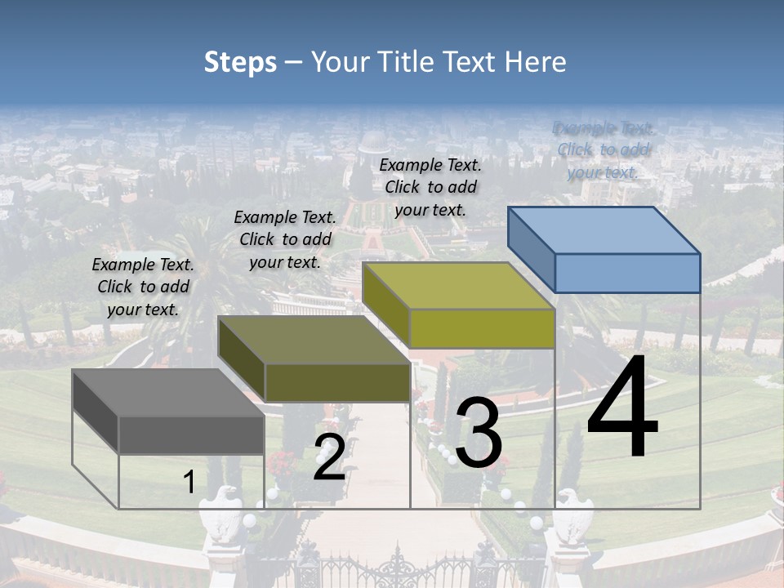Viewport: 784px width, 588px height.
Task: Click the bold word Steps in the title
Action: tap(240, 62)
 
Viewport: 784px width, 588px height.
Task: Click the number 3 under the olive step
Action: tap(479, 433)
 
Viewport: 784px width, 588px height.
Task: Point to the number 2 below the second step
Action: tap(329, 457)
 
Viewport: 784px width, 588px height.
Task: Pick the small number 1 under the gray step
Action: tap(189, 482)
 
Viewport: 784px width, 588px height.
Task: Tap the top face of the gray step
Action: tap(167, 393)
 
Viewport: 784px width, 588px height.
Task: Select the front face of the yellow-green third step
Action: tap(482, 329)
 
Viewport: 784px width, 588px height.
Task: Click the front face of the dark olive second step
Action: tap(337, 382)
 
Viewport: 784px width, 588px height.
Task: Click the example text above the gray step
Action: tap(143, 287)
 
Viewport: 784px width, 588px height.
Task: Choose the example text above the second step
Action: tap(285, 239)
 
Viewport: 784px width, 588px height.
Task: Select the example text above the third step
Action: tap(430, 187)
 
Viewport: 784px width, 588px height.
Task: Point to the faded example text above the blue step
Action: tap(604, 149)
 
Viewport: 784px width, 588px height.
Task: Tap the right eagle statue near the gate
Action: tap(575, 514)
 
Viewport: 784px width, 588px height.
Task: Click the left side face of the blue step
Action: tap(531, 249)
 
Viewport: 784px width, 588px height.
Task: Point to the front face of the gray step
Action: tap(191, 434)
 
